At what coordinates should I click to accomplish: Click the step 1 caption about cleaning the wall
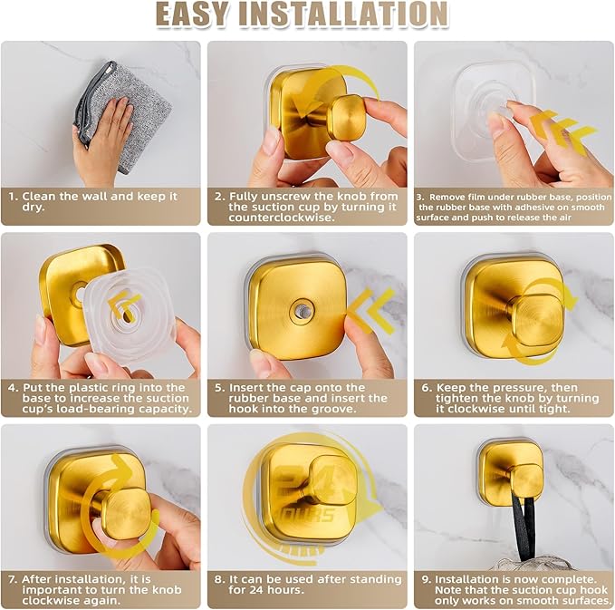pyautogui.click(x=100, y=202)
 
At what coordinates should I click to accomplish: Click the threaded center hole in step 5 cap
pyautogui.click(x=296, y=310)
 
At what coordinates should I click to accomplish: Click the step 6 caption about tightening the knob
pyautogui.click(x=513, y=399)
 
